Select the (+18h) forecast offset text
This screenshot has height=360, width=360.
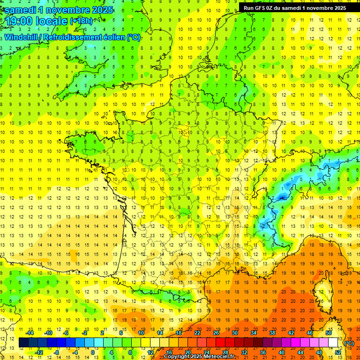81,21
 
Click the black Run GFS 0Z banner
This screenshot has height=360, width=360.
295,7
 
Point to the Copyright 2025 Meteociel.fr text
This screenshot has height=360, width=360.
199,357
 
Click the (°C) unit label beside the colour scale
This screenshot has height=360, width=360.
349,343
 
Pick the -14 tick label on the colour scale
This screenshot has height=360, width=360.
30,332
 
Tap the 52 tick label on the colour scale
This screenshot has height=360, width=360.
338,352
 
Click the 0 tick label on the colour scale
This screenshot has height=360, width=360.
93,352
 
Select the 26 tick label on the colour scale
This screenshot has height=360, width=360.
216,332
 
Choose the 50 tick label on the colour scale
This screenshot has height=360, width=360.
329,332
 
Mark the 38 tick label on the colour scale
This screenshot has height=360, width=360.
272,332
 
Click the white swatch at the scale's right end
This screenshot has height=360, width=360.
333,343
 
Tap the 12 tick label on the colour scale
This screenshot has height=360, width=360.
150,352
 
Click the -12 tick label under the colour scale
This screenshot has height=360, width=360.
39,352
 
